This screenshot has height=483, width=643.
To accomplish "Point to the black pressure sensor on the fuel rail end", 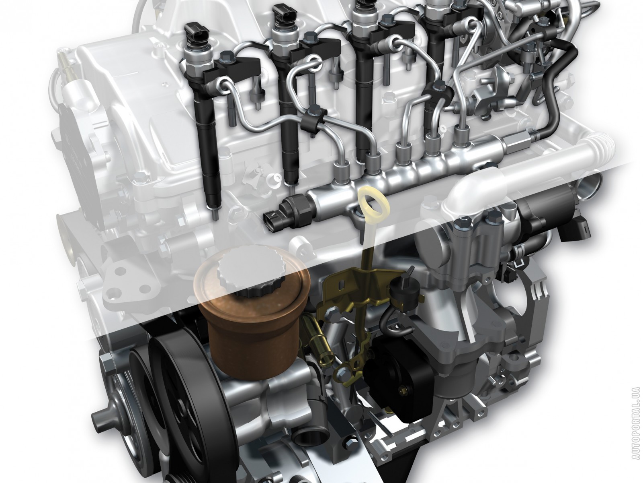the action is [289, 211].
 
